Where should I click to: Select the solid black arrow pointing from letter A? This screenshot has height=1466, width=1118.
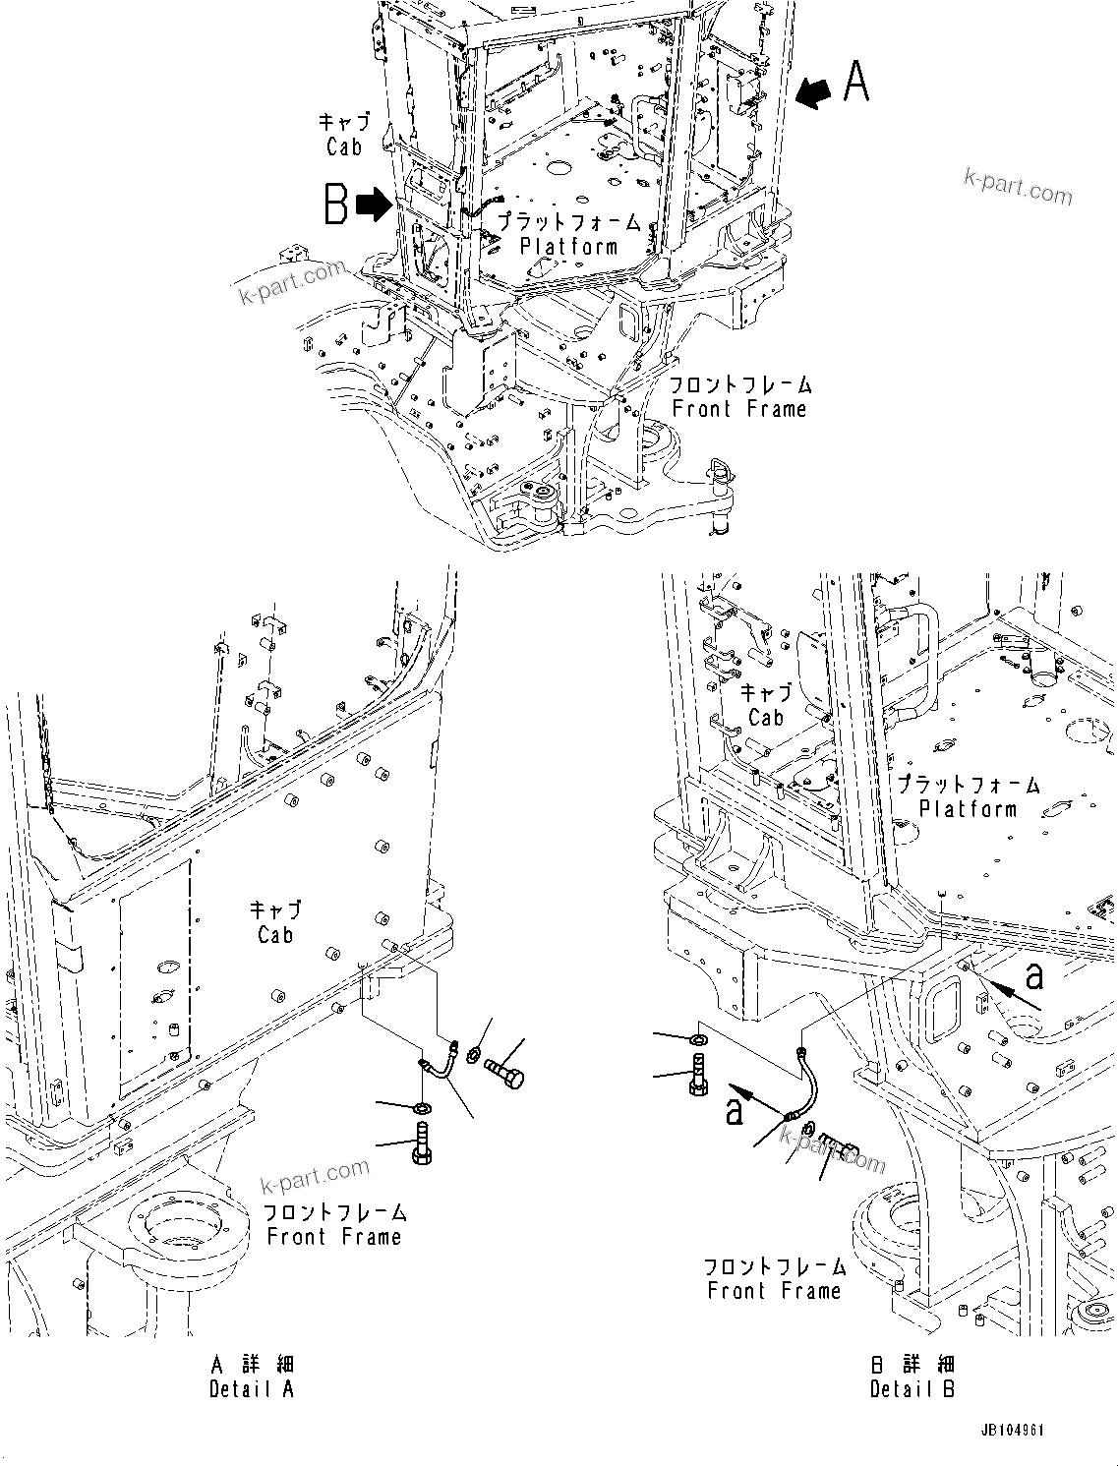point(813,92)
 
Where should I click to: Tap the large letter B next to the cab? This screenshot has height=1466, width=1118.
point(336,205)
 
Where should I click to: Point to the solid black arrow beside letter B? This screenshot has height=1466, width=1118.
point(373,205)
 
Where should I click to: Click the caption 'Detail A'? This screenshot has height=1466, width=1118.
point(252,1378)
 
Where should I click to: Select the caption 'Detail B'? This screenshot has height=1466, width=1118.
point(912,1378)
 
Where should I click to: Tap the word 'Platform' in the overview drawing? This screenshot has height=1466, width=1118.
point(568,247)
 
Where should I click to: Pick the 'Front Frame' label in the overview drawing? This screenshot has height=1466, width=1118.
point(738,409)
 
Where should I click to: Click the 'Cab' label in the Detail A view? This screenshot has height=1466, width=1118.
point(275,935)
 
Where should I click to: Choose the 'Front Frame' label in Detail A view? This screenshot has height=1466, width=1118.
point(334,1236)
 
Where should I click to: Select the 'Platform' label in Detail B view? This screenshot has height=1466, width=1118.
point(968,808)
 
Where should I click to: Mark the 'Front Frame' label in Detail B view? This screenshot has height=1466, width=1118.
point(774,1290)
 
